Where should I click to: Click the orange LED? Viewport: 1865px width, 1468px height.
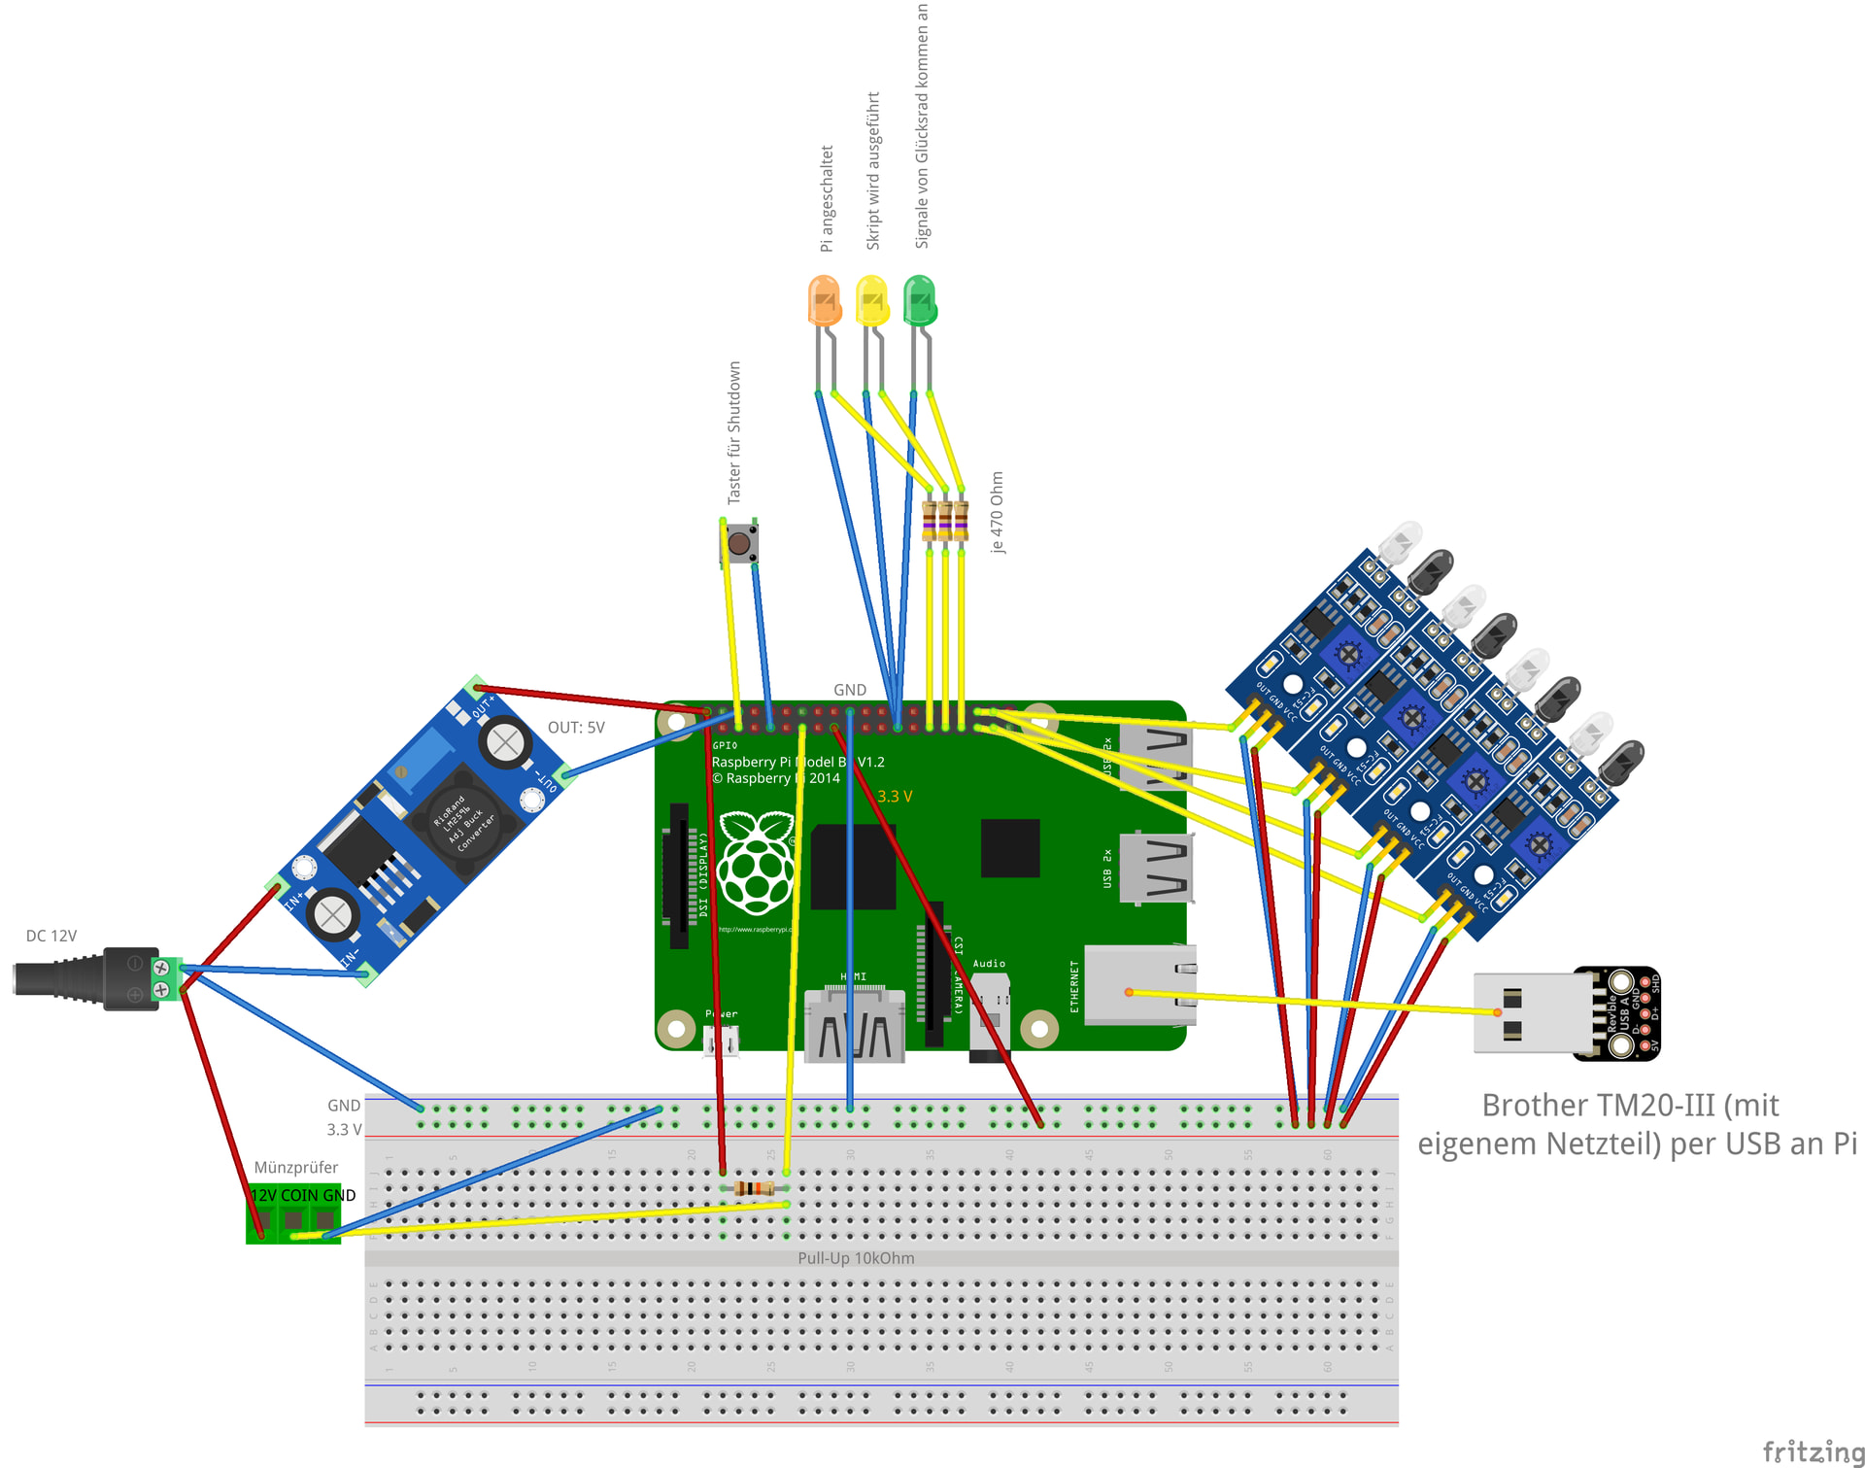point(824,300)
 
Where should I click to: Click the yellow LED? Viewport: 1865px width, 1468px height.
point(871,300)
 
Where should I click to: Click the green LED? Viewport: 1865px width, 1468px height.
point(919,300)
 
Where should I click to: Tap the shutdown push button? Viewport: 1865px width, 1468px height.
point(740,543)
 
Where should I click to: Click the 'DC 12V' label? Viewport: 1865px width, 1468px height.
point(51,936)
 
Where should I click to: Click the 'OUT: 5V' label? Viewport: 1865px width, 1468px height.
point(576,728)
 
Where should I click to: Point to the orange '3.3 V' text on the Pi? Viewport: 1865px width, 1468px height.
point(895,796)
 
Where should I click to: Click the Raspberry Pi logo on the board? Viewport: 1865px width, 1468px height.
point(756,863)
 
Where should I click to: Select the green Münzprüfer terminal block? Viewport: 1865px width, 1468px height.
point(293,1213)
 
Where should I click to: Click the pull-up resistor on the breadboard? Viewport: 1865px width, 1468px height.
point(754,1188)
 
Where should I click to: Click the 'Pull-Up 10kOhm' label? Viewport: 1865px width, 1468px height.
point(856,1258)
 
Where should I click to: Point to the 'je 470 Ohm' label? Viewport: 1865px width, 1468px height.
point(998,512)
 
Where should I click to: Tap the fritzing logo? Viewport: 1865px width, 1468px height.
point(1813,1451)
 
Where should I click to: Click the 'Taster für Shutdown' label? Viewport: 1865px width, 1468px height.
point(734,432)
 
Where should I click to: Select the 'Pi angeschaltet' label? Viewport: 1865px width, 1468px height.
point(827,198)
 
